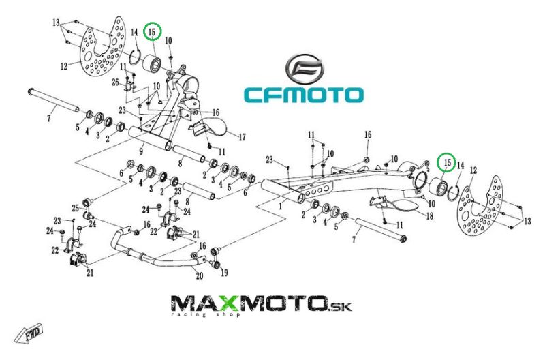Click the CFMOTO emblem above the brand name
point(305,69)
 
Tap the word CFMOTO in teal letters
point(304,95)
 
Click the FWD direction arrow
point(29,333)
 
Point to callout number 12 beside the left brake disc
point(64,65)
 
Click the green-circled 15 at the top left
point(153,31)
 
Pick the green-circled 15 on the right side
point(447,162)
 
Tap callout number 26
point(115,82)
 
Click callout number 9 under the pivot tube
point(141,151)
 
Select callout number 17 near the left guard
point(242,137)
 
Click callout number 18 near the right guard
point(430,216)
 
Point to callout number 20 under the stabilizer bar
point(199,276)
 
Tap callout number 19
point(225,273)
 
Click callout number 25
point(76,209)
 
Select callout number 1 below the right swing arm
point(281,207)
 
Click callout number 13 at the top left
point(56,23)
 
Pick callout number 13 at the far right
point(527,221)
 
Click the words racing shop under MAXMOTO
point(205,314)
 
